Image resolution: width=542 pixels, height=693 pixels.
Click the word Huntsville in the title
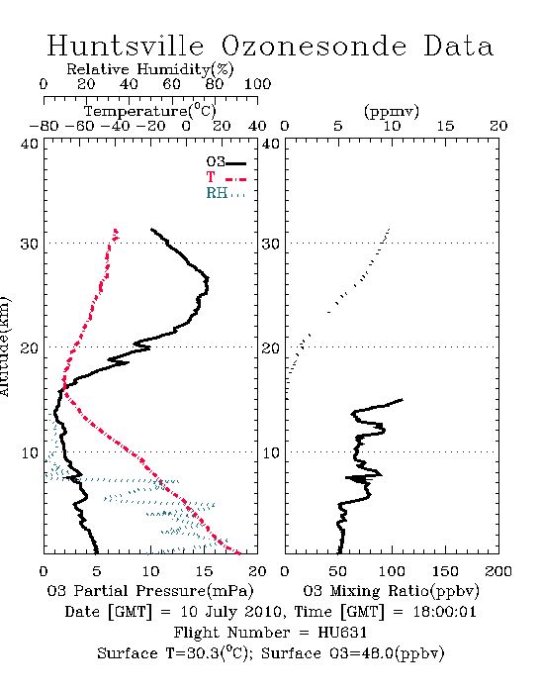point(126,46)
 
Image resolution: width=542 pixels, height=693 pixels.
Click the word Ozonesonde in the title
point(314,46)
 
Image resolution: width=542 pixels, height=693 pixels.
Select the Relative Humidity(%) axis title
point(150,69)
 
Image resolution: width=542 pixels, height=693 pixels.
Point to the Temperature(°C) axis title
point(150,111)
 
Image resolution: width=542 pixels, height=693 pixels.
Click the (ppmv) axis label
point(392,111)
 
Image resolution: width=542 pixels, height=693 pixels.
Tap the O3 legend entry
point(226,162)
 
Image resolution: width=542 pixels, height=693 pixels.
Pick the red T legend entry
point(226,177)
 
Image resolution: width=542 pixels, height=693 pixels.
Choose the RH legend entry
point(226,193)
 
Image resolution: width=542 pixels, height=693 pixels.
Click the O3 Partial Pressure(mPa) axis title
point(150,591)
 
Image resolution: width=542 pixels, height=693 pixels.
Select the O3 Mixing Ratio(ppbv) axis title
point(391,591)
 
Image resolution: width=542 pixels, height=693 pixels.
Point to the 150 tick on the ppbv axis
point(445,571)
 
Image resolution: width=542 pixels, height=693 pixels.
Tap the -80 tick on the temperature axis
point(44,127)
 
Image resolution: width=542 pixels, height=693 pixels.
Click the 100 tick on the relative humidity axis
point(258,84)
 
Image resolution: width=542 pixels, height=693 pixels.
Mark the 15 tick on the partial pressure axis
point(204,571)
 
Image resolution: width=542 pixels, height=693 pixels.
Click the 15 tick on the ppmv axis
point(445,127)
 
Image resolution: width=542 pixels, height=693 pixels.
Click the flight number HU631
point(342,633)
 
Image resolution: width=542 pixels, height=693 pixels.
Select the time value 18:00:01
point(444,612)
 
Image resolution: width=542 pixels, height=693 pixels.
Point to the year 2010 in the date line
point(263,612)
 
